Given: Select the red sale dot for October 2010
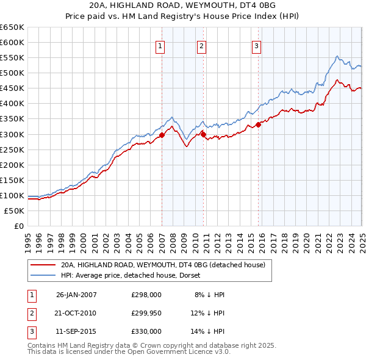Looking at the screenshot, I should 204,135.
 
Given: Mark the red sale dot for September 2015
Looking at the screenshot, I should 259,125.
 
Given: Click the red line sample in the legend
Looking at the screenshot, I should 42,265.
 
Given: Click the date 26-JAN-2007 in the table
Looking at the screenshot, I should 76,295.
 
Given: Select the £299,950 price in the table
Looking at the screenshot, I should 146,313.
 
